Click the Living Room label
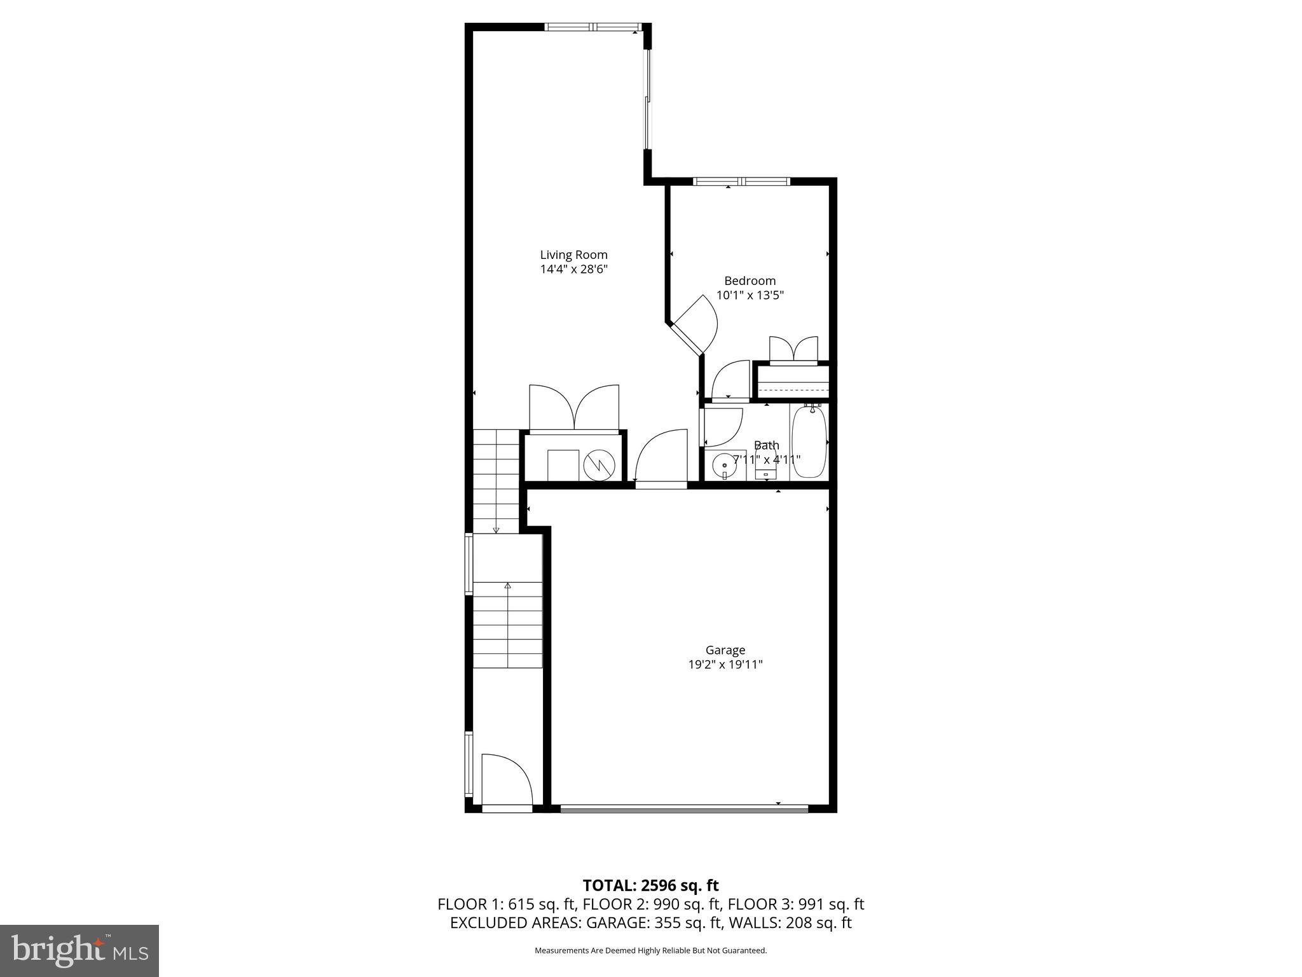click(573, 255)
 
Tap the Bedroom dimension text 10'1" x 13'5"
click(750, 295)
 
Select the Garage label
click(725, 650)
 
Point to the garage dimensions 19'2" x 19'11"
click(725, 665)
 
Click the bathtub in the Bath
click(809, 443)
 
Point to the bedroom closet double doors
click(793, 349)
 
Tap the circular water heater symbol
click(600, 466)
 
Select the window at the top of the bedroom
click(741, 181)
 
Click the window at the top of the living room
click(593, 27)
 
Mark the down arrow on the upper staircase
click(496, 530)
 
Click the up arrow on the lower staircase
click(507, 585)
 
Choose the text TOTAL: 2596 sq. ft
click(650, 885)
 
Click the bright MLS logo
click(79, 950)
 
